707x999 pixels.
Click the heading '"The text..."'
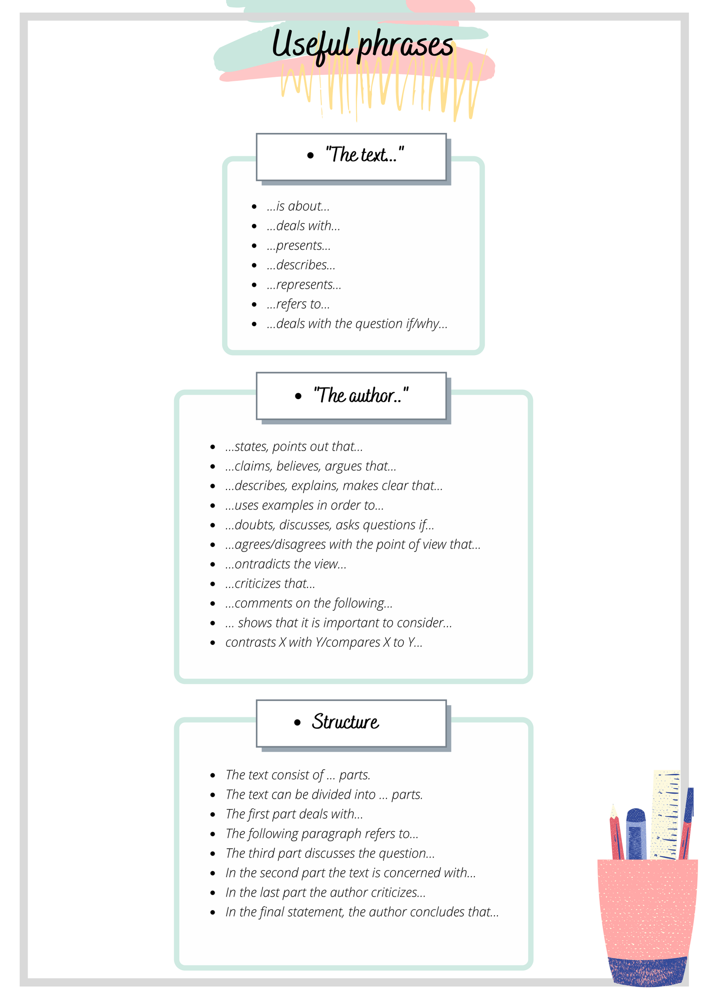pos(364,155)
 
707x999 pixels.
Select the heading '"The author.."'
pos(361,396)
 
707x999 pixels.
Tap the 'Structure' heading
pos(345,722)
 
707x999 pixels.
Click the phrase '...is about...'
pos(298,206)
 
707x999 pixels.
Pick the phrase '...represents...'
pos(304,285)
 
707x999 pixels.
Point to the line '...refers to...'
pos(298,304)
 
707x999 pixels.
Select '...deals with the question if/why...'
pos(357,324)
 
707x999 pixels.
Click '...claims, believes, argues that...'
pos(310,467)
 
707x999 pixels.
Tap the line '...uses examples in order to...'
pos(304,505)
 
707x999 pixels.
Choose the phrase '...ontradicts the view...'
pos(285,564)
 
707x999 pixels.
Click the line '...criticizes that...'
pos(270,584)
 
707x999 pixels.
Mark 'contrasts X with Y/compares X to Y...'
pos(324,642)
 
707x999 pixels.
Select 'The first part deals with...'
pos(294,814)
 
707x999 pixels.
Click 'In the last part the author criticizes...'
pos(325,893)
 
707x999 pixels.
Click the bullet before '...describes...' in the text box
pos(254,265)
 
